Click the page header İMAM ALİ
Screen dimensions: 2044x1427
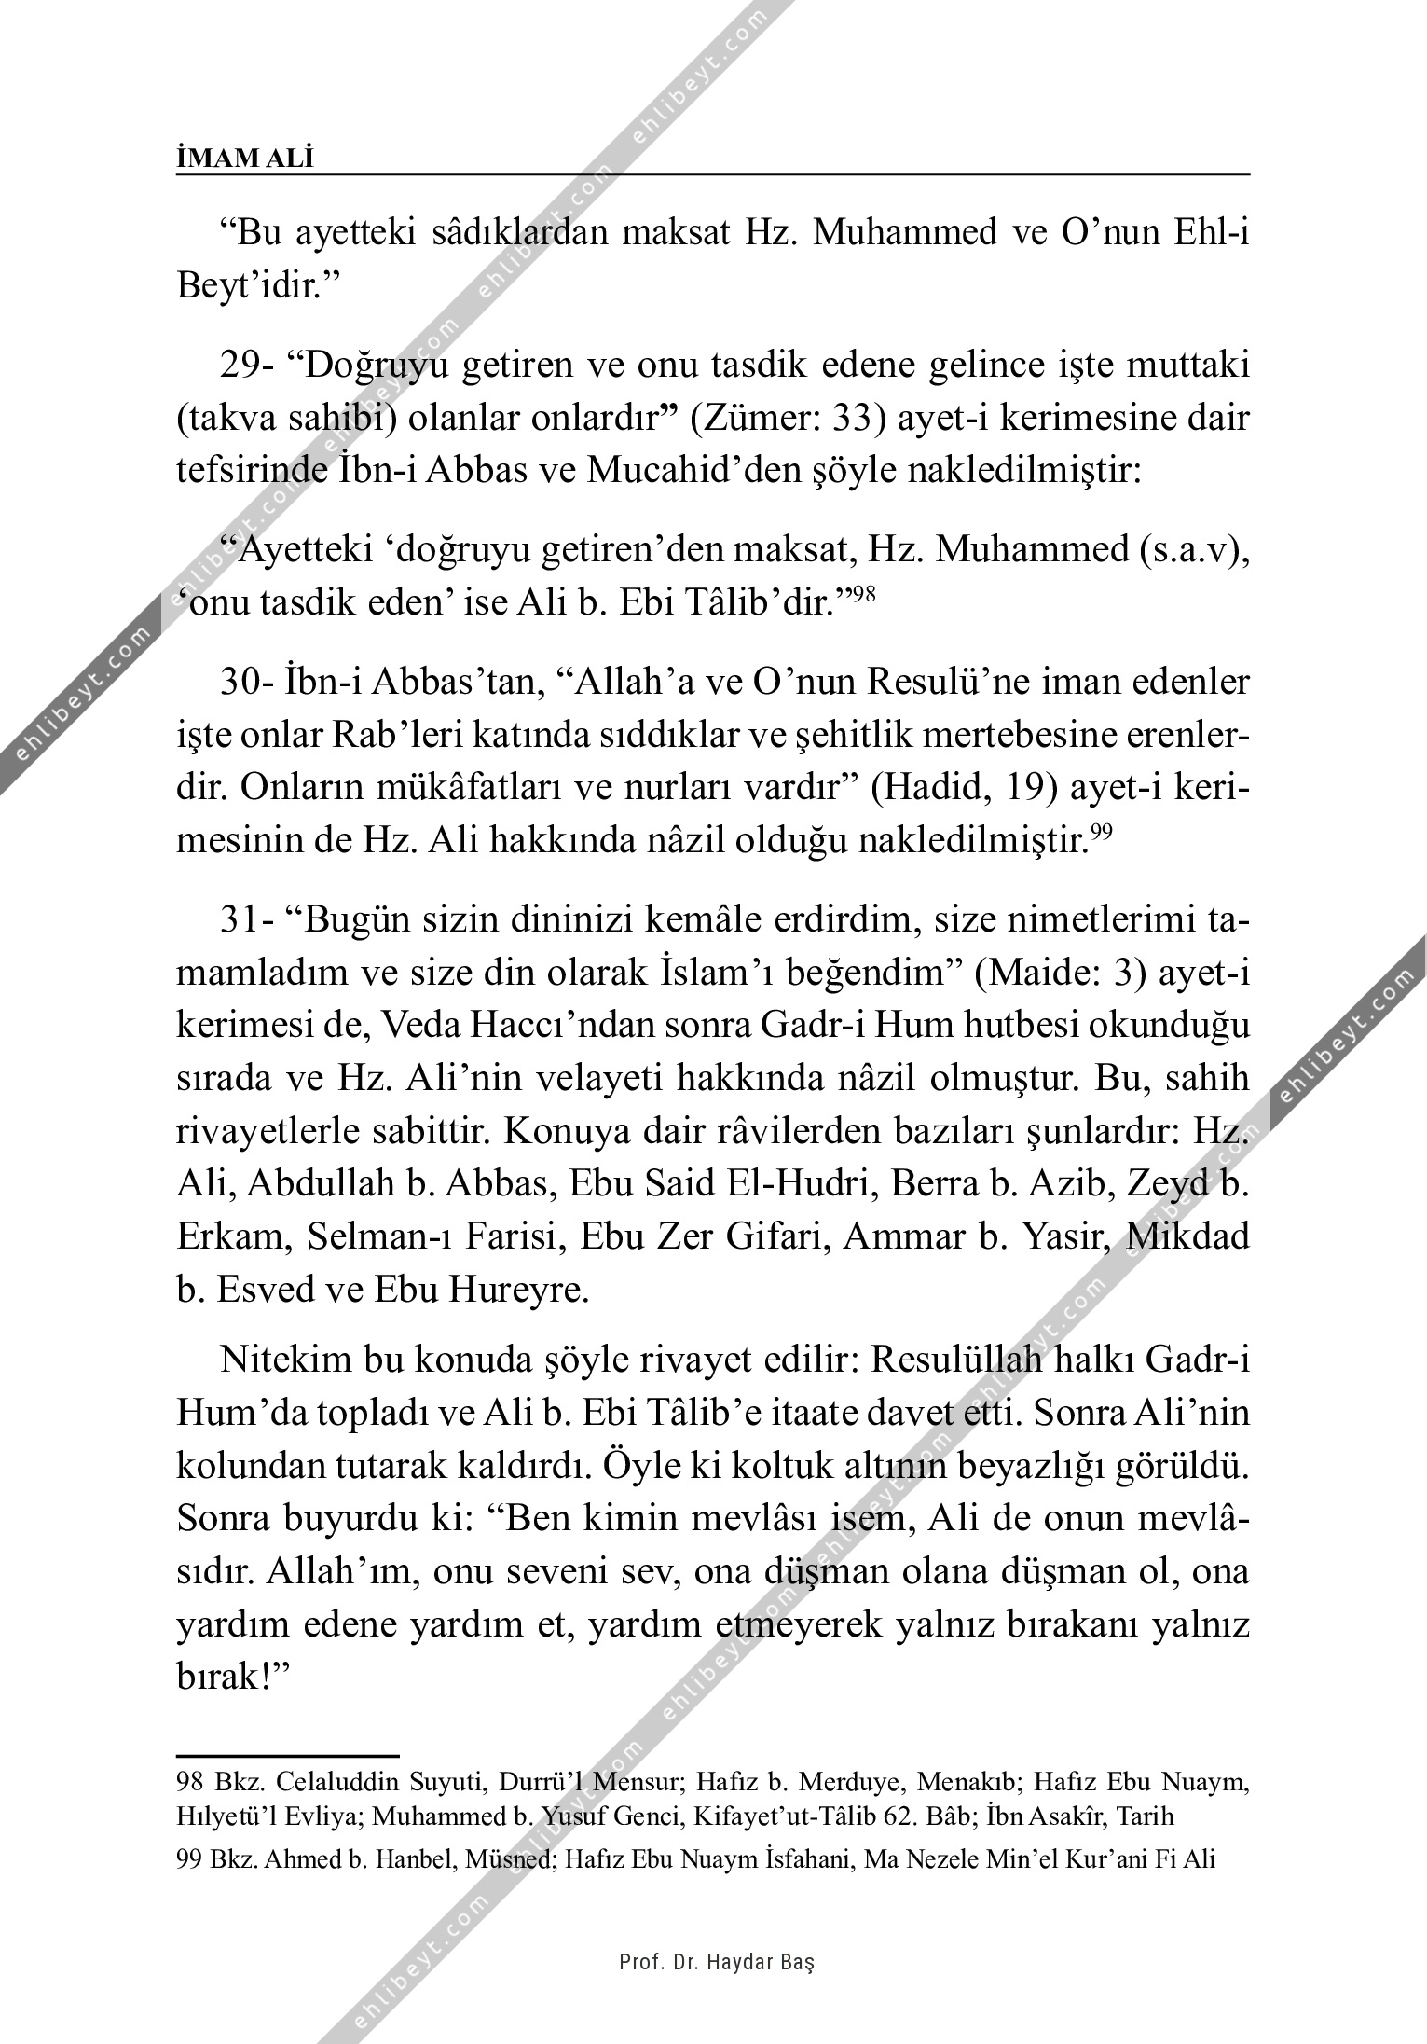coord(245,159)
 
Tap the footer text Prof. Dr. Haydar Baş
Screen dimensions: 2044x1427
coord(717,1962)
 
